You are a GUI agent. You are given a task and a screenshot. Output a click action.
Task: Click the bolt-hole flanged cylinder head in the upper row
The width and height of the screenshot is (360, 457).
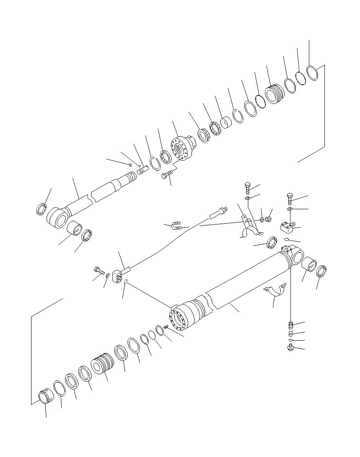(x=181, y=149)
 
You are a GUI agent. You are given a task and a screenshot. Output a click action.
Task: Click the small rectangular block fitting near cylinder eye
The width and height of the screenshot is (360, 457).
(x=288, y=227)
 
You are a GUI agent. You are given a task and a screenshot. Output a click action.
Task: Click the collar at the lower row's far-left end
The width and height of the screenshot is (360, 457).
(x=45, y=398)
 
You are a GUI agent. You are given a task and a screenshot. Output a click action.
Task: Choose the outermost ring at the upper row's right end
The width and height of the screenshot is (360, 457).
(x=313, y=74)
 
